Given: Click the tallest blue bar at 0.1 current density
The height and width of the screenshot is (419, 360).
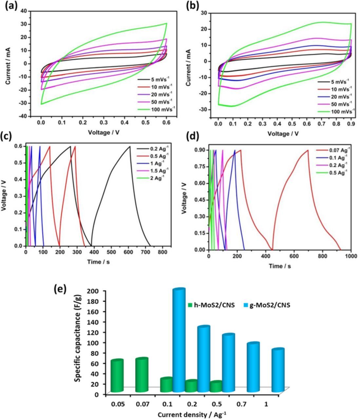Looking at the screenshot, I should pos(179,340).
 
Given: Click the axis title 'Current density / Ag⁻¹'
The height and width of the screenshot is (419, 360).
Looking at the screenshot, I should pos(192,414).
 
